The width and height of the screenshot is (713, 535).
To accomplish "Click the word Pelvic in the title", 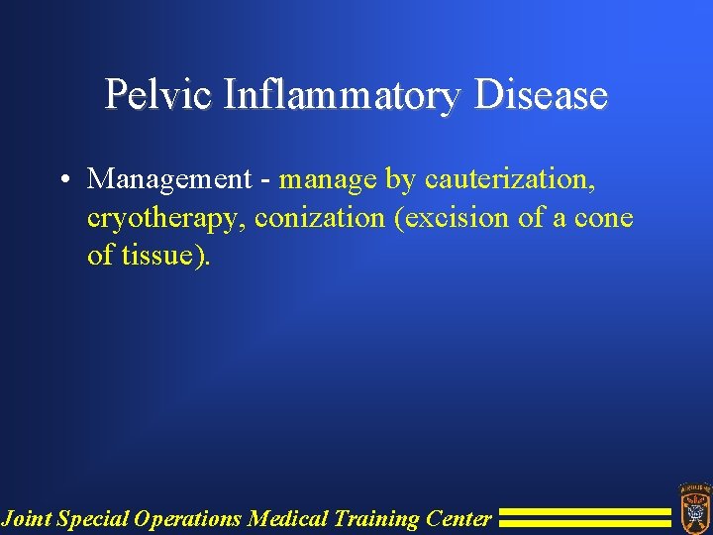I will (x=159, y=96).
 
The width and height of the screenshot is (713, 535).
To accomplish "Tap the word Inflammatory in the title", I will (x=343, y=96).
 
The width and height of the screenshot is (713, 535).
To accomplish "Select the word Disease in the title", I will (x=541, y=96).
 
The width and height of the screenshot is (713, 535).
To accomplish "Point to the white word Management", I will (x=169, y=179).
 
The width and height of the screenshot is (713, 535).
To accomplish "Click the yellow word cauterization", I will (x=510, y=179).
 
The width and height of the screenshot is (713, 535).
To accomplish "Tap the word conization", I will (x=320, y=217).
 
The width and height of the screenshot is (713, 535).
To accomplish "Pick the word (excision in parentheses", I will (x=452, y=217).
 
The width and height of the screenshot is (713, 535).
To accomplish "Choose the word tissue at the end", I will (x=159, y=255).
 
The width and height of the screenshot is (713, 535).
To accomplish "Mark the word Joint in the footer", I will (x=27, y=517).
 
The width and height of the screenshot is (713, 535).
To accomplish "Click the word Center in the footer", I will (x=458, y=517).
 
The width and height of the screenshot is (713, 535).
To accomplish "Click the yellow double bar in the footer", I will (x=584, y=517).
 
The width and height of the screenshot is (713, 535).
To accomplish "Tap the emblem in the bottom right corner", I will (x=694, y=506).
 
